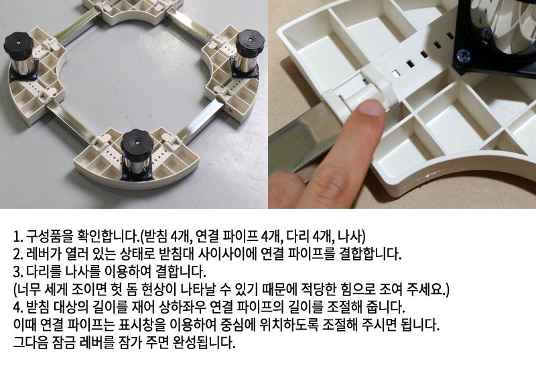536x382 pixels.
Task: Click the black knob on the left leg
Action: [18, 46]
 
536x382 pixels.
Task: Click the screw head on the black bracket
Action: [463, 57]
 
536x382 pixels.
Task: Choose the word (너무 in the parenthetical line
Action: [27, 290]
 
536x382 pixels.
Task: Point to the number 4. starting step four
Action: [18, 307]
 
